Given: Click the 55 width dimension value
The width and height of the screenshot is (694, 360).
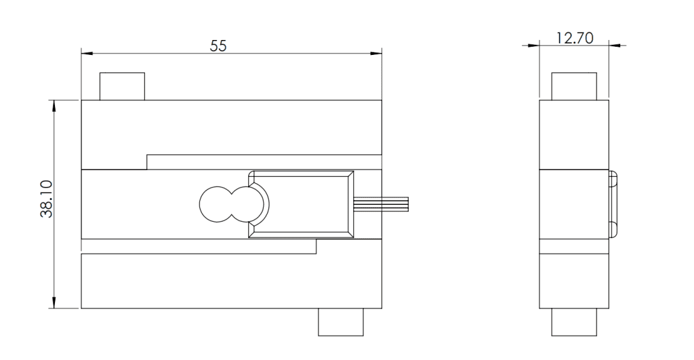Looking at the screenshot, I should [218, 45].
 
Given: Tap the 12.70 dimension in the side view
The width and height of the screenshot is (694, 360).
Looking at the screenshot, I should [574, 38].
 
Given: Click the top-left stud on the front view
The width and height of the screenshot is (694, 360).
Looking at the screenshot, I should [122, 86].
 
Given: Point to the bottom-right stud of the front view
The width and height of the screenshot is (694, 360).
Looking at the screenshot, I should [341, 322].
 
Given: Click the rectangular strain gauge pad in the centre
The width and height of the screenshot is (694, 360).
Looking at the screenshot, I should [302, 204].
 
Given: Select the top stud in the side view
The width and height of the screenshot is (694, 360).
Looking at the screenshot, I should [574, 86].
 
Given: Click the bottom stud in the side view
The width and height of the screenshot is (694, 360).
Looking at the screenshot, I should [574, 322].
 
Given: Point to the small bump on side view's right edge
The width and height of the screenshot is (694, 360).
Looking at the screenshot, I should [613, 204].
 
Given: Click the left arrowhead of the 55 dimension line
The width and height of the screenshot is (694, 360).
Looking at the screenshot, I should [85, 52].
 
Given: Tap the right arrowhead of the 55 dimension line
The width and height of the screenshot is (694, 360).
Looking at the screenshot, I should [378, 52].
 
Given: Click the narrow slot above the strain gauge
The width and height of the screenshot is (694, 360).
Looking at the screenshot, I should [264, 161].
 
